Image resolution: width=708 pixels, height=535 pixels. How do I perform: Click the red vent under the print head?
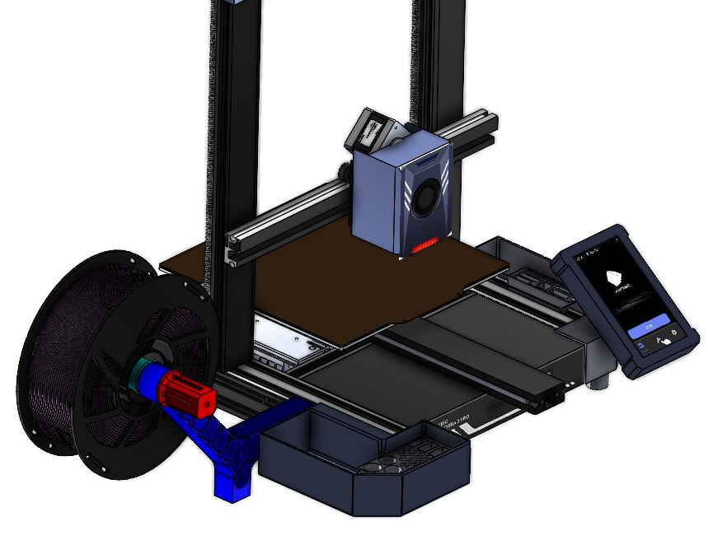coord(424,246)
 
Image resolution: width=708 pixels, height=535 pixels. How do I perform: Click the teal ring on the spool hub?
coord(134,375)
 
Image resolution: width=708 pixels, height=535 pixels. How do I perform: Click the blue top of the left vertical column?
coord(239,3)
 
